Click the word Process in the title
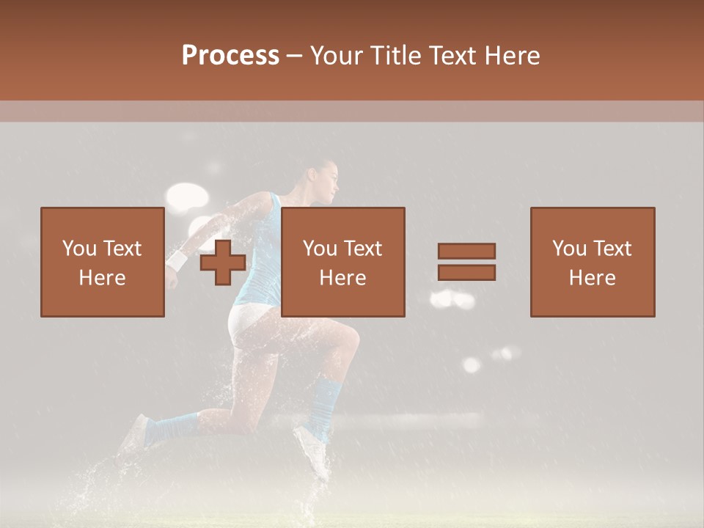click(x=230, y=56)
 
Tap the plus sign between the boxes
click(x=223, y=263)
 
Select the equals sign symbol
click(x=466, y=262)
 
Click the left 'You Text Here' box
click(x=102, y=262)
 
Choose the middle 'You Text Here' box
click(x=342, y=262)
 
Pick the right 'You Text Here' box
click(x=592, y=262)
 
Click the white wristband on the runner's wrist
click(x=177, y=260)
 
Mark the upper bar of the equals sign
click(x=466, y=251)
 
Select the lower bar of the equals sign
click(x=466, y=272)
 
